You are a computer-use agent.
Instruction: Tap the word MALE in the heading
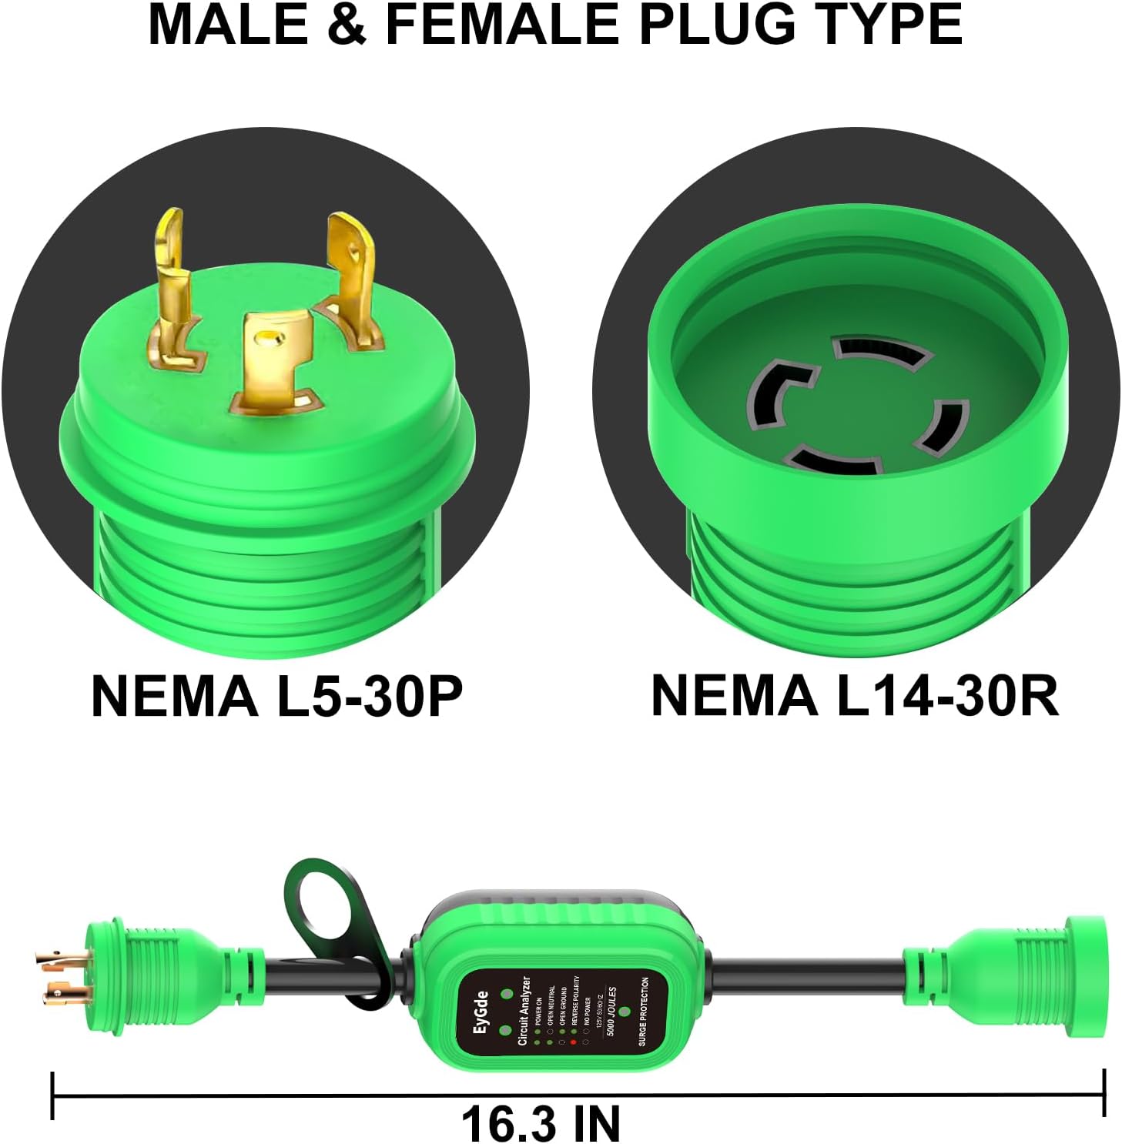[228, 25]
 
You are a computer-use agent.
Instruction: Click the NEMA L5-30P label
[276, 695]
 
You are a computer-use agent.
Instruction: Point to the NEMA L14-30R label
[855, 695]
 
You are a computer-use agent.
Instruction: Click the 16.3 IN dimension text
[541, 1123]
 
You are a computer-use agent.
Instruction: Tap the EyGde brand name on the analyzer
[481, 1012]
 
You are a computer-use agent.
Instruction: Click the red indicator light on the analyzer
[573, 1042]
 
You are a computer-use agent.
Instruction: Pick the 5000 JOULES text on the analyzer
[612, 1011]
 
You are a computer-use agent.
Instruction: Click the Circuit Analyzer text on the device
[525, 1010]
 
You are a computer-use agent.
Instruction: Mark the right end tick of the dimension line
[1104, 1093]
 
